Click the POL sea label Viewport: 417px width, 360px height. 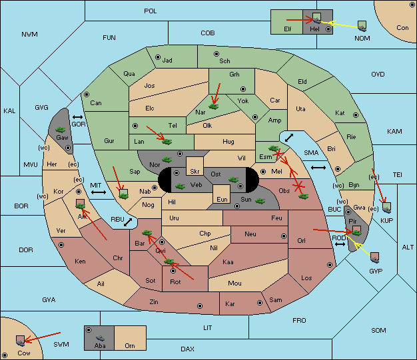click(x=151, y=11)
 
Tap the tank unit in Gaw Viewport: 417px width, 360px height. click(x=61, y=130)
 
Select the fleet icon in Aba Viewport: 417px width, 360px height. click(x=100, y=338)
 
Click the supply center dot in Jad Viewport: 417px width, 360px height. click(x=158, y=57)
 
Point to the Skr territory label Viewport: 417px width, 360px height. click(x=195, y=172)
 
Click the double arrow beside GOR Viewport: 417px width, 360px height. click(x=77, y=117)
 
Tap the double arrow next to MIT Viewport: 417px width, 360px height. click(x=99, y=192)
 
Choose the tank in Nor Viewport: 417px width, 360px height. click(x=167, y=160)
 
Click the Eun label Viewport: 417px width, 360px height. click(x=222, y=199)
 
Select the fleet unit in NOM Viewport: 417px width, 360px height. click(x=362, y=27)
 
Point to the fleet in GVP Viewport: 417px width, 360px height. click(x=374, y=258)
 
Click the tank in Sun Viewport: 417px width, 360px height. click(x=260, y=200)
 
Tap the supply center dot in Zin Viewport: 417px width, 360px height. click(x=200, y=306)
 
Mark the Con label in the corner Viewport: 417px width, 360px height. click(x=402, y=28)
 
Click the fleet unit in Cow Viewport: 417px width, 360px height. click(x=21, y=341)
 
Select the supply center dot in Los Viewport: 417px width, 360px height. click(x=330, y=265)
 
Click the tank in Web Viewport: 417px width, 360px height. click(x=181, y=186)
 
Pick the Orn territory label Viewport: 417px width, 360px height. click(x=130, y=345)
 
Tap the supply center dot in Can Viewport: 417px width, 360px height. click(x=87, y=94)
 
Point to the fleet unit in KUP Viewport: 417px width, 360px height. click(x=386, y=208)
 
